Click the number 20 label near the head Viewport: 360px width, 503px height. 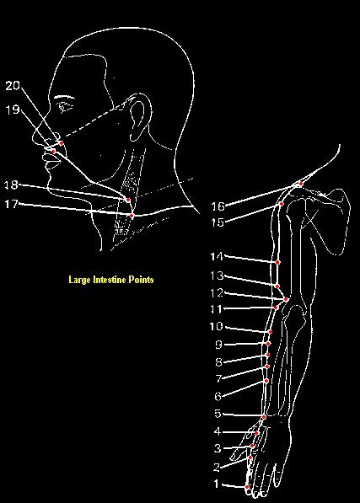coord(13,86)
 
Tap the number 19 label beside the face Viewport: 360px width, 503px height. coord(13,110)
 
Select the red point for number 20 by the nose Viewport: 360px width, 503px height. coord(61,142)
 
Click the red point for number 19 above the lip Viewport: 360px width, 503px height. coord(53,151)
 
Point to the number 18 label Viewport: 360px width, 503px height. coord(12,185)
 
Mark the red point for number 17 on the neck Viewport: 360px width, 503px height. coord(132,216)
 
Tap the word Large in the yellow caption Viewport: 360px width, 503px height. coord(79,280)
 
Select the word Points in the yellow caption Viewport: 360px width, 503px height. coord(141,280)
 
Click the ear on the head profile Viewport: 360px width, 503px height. coord(138,117)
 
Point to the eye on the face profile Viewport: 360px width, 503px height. coord(67,106)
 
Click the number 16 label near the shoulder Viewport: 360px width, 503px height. coord(218,206)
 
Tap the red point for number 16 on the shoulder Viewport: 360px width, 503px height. coord(301,184)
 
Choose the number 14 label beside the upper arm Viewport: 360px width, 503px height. coord(217,257)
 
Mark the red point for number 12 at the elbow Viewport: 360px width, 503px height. coord(286,299)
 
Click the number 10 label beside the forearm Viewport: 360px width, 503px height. coord(217,327)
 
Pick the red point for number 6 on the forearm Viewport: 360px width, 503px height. coord(266,381)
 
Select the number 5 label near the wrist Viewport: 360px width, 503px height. coord(218,414)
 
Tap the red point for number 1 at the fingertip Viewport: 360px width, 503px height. coord(247,487)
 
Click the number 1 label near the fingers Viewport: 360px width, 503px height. coord(217,484)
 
